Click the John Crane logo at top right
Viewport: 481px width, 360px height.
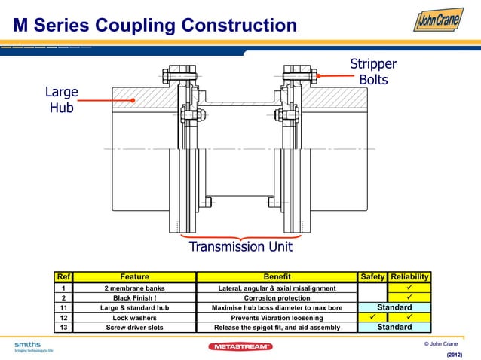[438, 20]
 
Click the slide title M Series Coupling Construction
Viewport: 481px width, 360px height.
[155, 26]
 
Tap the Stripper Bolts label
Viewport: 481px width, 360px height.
[372, 71]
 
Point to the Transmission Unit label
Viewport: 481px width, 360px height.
[240, 246]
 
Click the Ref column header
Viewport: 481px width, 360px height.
[64, 276]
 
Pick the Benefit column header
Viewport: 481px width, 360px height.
[276, 276]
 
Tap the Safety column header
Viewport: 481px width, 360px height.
[372, 276]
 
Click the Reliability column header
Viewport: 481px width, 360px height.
[409, 276]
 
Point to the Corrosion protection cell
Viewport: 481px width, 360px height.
[276, 297]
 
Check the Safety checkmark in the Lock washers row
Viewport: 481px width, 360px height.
[372, 317]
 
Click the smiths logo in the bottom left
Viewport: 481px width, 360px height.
[28, 346]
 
